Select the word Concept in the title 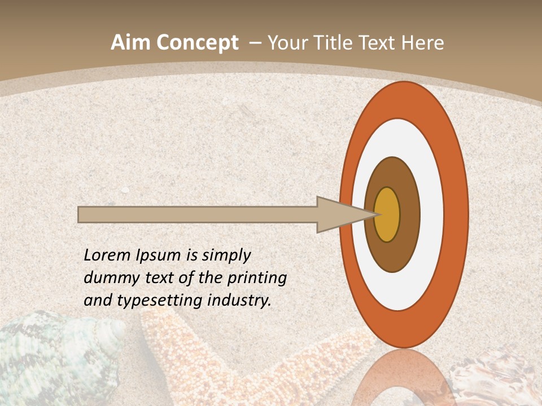pyautogui.click(x=197, y=43)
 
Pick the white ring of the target pyautogui.click(x=432, y=214)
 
